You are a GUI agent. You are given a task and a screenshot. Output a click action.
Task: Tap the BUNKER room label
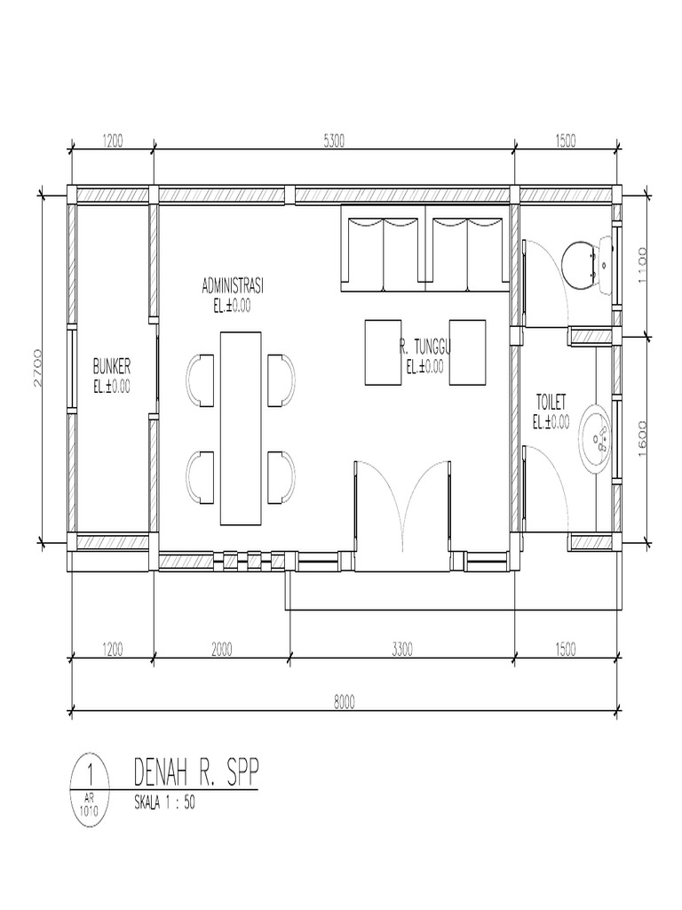point(113,365)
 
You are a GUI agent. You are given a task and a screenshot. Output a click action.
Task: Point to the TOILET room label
point(551,402)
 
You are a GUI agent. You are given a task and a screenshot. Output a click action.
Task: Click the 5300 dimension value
point(334,139)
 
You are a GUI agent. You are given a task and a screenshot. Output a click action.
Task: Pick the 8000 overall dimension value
point(345,700)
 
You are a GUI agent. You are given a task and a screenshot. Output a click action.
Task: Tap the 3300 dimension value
point(401,651)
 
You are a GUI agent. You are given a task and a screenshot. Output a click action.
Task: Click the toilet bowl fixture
point(588,263)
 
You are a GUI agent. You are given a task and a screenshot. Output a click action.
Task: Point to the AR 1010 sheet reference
point(89,804)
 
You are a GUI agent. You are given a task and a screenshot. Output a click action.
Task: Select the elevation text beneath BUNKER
point(112,386)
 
